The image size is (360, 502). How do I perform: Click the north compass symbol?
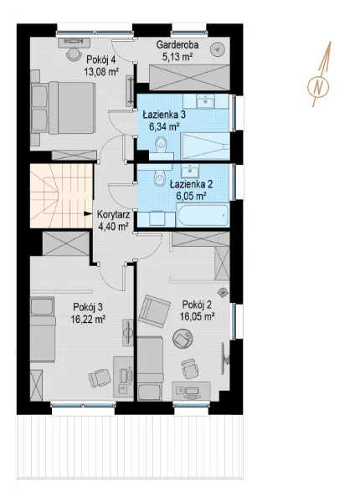pyautogui.click(x=318, y=86)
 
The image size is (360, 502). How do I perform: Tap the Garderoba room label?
pyautogui.click(x=177, y=45)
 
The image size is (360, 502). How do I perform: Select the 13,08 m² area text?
pyautogui.click(x=101, y=71)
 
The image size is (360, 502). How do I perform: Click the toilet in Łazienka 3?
pyautogui.click(x=160, y=146)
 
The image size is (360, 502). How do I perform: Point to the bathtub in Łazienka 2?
pyautogui.click(x=203, y=216)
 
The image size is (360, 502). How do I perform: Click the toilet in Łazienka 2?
pyautogui.click(x=159, y=177)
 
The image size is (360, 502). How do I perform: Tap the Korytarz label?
pyautogui.click(x=113, y=214)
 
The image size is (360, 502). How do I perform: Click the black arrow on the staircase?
pyautogui.click(x=87, y=214)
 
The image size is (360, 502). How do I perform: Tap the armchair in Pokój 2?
pyautogui.click(x=154, y=309)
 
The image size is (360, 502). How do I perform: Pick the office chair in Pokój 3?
pyautogui.click(x=100, y=378)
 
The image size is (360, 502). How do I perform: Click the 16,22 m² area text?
pyautogui.click(x=89, y=320)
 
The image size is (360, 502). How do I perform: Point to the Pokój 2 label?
pyautogui.click(x=197, y=305)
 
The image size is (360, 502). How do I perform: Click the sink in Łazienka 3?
pyautogui.click(x=205, y=101)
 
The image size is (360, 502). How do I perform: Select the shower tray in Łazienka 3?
pyautogui.click(x=205, y=146)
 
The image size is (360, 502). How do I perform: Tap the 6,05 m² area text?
pyautogui.click(x=191, y=196)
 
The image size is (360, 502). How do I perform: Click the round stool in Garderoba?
pyautogui.click(x=218, y=49)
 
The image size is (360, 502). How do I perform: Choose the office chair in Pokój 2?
pyautogui.click(x=189, y=368)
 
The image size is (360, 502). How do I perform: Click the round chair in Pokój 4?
pyautogui.click(x=74, y=54)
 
